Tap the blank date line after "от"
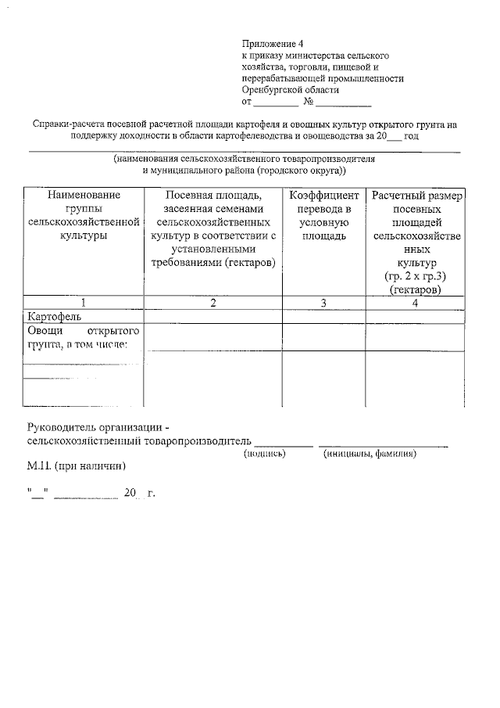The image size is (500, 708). [275, 102]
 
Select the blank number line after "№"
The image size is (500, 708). [343, 102]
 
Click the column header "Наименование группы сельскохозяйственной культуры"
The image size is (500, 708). [84, 214]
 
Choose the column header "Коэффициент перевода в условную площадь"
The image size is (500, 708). [323, 214]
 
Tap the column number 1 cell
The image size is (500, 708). [84, 304]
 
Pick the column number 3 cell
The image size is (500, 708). [323, 304]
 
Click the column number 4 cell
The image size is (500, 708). [416, 304]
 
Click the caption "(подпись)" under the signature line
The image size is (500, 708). [266, 452]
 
